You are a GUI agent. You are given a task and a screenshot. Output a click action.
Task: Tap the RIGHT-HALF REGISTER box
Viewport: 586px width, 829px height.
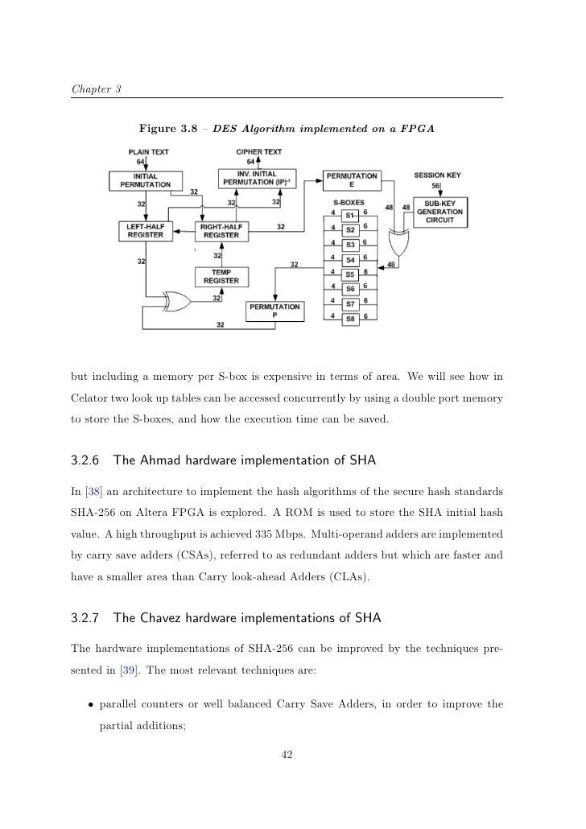(221, 231)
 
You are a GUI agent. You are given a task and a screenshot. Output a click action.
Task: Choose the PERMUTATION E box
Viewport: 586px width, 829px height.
(350, 179)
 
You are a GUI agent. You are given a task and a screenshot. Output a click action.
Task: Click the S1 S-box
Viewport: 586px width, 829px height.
(350, 215)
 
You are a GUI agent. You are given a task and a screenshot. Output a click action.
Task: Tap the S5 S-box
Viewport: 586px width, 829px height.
(350, 274)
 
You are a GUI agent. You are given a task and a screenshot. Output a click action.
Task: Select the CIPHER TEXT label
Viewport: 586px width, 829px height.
(258, 151)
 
